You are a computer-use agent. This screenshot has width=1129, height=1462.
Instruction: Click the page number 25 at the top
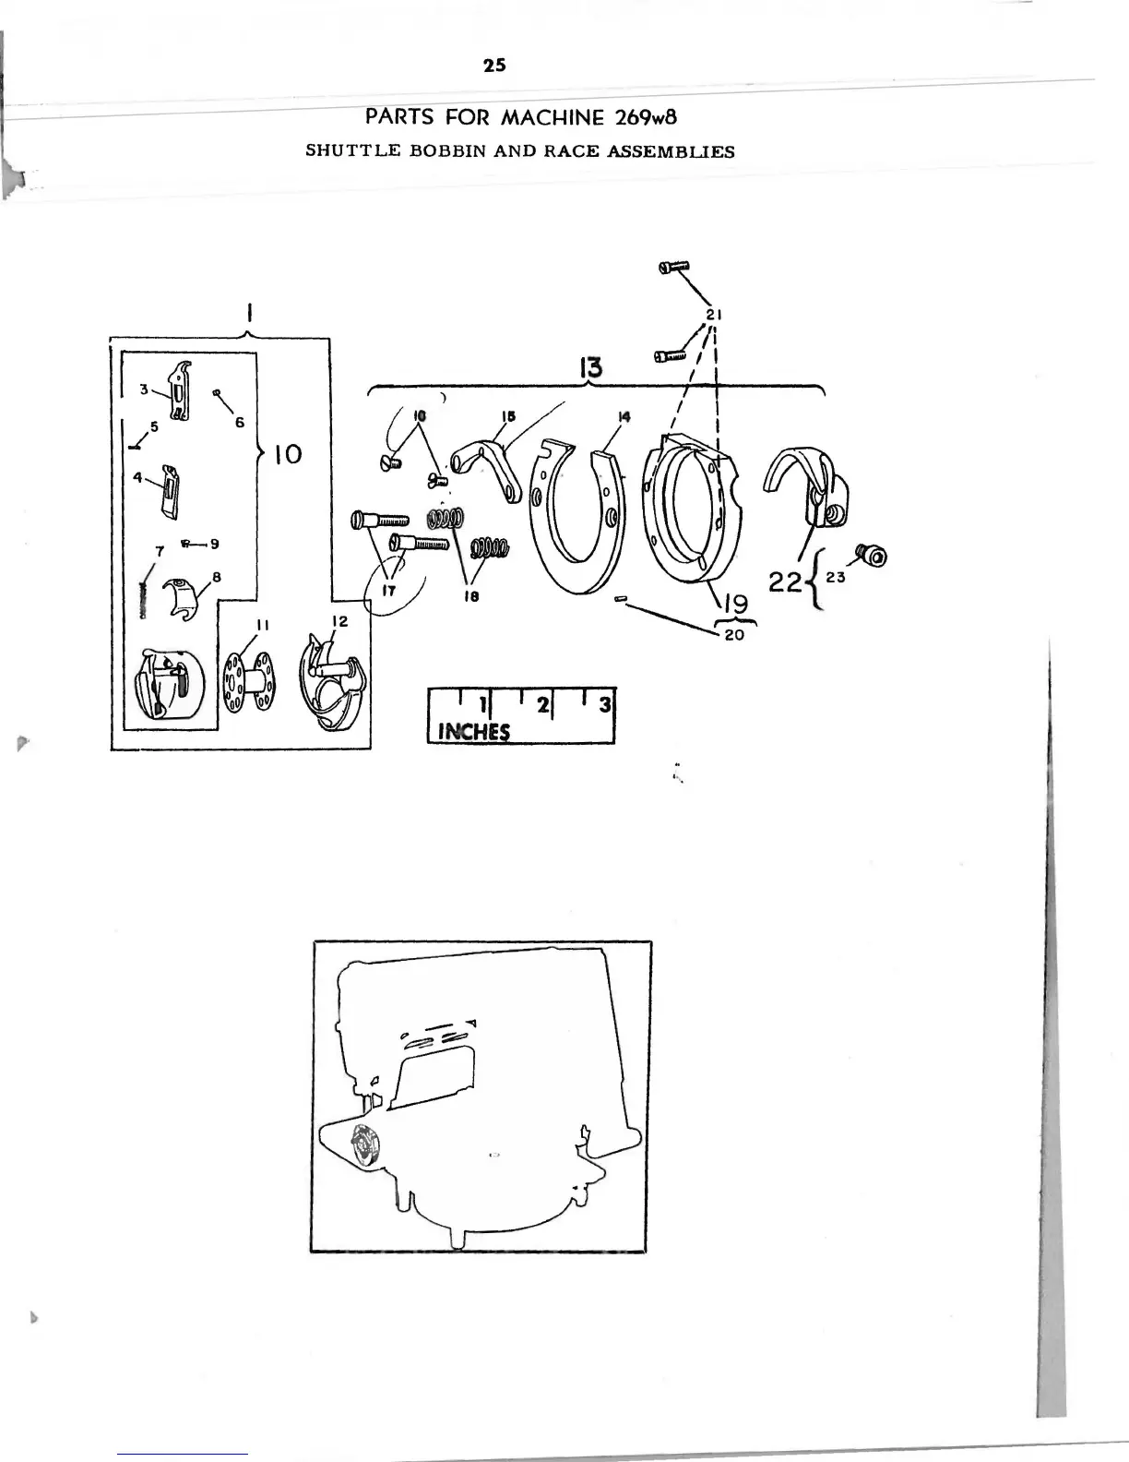[x=494, y=66]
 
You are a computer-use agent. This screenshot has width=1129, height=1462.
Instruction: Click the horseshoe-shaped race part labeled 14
[x=574, y=517]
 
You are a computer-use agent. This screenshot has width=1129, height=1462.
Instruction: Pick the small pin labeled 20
[x=621, y=600]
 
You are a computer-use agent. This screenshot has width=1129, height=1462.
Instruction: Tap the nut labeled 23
[x=873, y=555]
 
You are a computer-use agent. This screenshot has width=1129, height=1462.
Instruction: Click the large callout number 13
[x=590, y=368]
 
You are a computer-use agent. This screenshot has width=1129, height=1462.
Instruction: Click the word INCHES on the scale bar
[x=474, y=731]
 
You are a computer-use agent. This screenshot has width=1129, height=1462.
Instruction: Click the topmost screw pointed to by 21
[x=674, y=267]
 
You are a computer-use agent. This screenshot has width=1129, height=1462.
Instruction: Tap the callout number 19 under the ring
[x=735, y=606]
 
